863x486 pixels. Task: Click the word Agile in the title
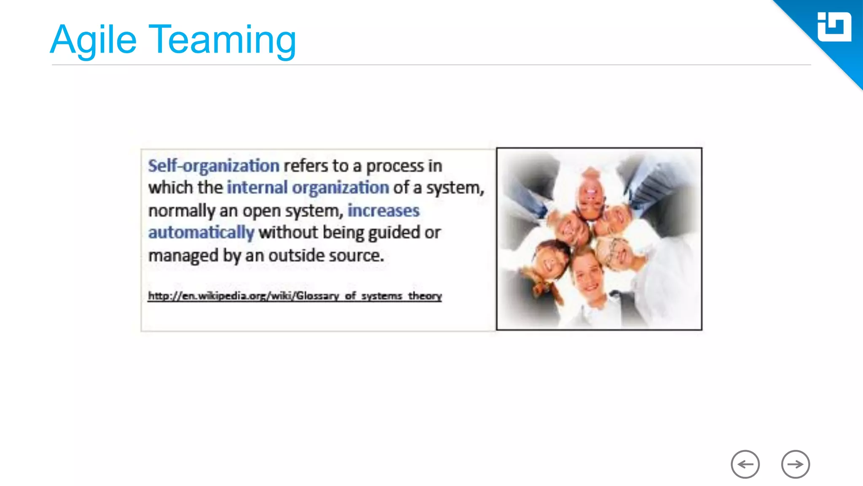94,40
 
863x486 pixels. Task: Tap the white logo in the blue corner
834,27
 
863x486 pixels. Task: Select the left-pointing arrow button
745,464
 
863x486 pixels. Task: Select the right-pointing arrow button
795,464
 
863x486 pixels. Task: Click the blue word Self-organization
213,166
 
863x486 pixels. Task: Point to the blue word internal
257,188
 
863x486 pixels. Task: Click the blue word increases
383,211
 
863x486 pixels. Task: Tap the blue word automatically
201,232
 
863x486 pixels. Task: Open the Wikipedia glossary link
295,296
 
